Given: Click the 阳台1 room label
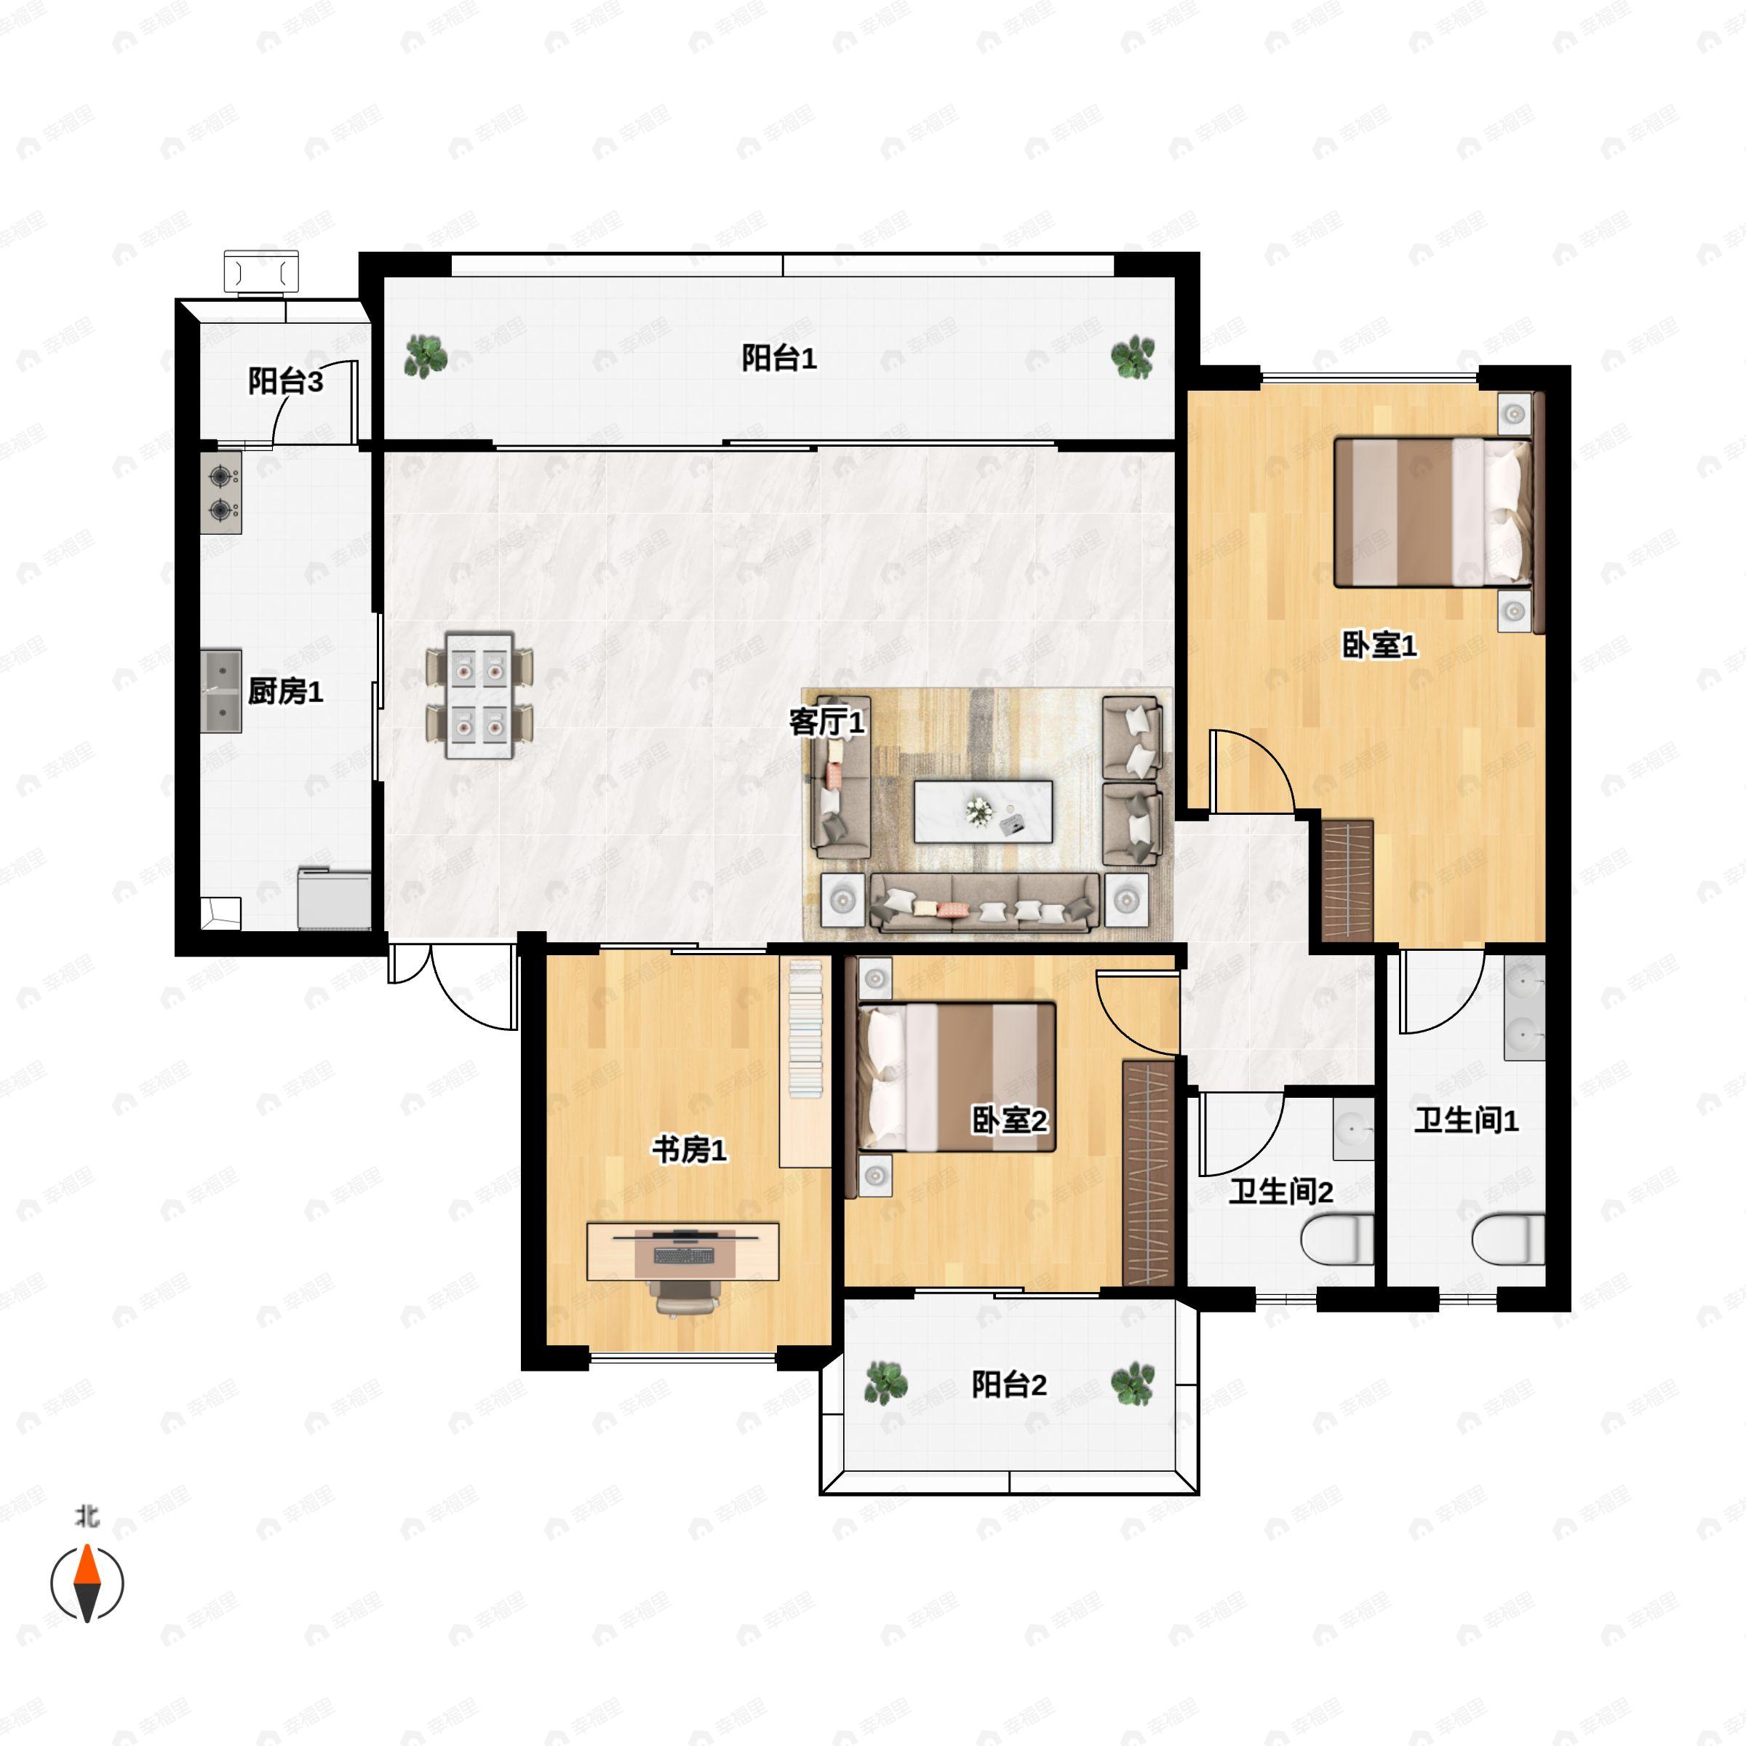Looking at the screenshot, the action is click(779, 359).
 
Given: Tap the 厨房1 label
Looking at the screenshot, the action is click(286, 691).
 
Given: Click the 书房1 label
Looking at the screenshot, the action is click(690, 1150).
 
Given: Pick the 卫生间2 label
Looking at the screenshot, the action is click(1280, 1192).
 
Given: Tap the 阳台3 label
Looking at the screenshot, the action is click(286, 381).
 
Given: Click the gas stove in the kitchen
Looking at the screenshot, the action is click(221, 493).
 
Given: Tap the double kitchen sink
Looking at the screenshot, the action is click(221, 690).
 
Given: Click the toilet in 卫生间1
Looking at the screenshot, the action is click(1507, 1240).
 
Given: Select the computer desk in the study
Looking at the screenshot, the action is click(683, 1251).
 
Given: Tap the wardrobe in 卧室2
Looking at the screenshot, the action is click(1149, 1173).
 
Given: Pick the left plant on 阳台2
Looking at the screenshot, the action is click(885, 1384).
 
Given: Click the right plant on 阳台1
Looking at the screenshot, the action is click(1133, 357).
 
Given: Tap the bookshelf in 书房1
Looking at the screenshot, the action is click(805, 1063).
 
